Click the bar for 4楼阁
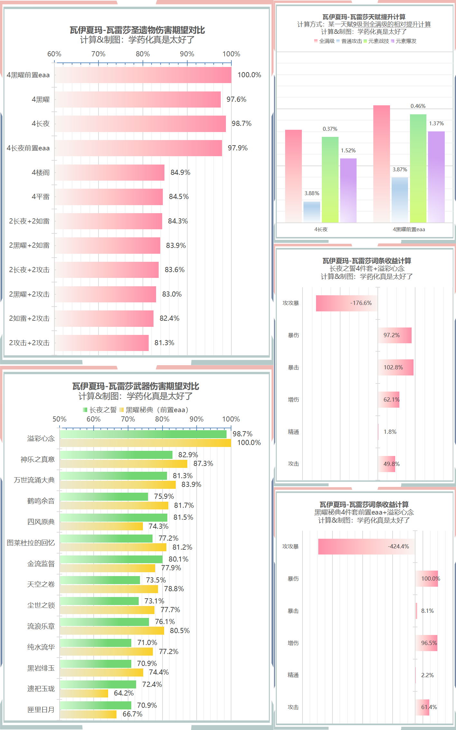[x=109, y=173]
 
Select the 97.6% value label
[x=236, y=99]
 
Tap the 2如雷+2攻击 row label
[x=29, y=318]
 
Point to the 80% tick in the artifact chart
[x=143, y=54]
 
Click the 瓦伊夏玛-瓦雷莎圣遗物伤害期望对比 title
[x=137, y=30]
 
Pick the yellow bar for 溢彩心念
[x=145, y=443]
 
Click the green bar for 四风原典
[x=113, y=517]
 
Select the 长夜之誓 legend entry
[x=100, y=410]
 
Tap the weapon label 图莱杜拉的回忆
[x=31, y=543]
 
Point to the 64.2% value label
[x=124, y=693]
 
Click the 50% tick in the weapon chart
[x=60, y=419]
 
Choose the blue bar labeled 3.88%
[x=312, y=212]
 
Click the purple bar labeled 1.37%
[x=436, y=176]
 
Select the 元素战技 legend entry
[x=376, y=41]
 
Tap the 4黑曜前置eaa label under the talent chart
[x=409, y=229]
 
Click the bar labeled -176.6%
[x=347, y=303]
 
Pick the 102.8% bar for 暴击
[x=396, y=367]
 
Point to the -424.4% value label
[x=398, y=546]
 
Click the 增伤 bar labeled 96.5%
[x=426, y=643]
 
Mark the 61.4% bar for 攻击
[x=422, y=707]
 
